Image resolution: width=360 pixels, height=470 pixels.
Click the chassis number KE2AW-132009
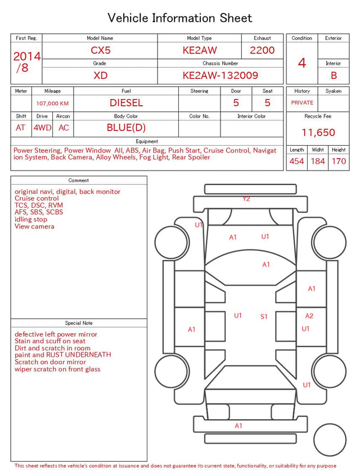point(220,75)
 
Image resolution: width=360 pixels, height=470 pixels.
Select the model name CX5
point(101,50)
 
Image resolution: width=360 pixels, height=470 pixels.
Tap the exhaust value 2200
point(262,50)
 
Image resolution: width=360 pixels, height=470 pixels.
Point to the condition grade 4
point(302,63)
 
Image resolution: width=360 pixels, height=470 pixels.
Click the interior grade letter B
point(334,75)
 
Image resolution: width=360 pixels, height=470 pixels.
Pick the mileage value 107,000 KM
point(52,104)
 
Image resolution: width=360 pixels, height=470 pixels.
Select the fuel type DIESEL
point(126,103)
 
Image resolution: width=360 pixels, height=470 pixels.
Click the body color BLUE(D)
point(126,128)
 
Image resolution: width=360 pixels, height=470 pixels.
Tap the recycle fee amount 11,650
point(318,132)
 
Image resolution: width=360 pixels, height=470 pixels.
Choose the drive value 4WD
point(42,128)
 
